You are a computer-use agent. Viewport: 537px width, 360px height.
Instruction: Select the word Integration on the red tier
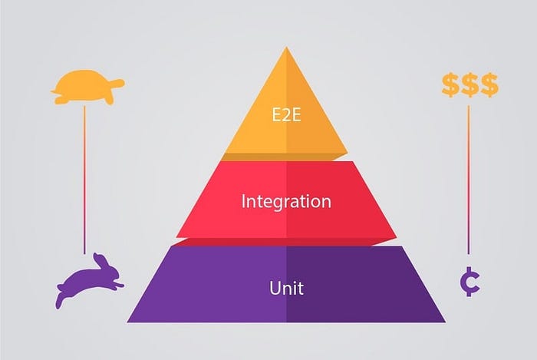click(x=286, y=202)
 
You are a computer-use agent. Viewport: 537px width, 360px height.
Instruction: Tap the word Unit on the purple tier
click(x=286, y=289)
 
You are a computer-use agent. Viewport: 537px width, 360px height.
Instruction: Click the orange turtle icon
click(x=86, y=87)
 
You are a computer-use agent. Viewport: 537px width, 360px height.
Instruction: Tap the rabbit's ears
click(x=99, y=259)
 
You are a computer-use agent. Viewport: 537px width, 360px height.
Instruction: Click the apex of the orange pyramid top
click(x=287, y=49)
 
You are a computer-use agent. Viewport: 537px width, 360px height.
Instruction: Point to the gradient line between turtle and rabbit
click(x=85, y=177)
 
